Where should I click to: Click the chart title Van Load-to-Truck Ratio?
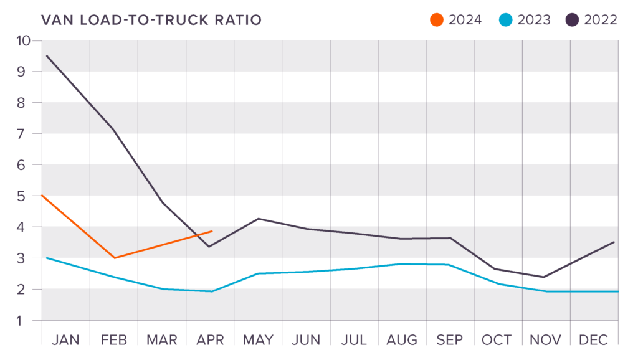coord(151,20)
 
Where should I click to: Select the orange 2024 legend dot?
coord(437,20)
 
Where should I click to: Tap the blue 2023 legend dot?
coord(506,20)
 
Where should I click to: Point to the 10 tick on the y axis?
coord(23,40)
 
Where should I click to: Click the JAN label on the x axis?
coord(66,340)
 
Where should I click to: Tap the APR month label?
coord(210,340)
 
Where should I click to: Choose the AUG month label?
coord(402,340)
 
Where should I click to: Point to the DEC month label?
coord(594,340)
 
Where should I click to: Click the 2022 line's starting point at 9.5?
coord(47,56)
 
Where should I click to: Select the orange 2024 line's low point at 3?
coord(115,258)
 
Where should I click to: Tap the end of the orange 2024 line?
coord(212,231)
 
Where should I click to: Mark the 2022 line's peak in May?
coord(257,219)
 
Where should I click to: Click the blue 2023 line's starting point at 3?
coord(47,258)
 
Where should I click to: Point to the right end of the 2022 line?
coord(614,242)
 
